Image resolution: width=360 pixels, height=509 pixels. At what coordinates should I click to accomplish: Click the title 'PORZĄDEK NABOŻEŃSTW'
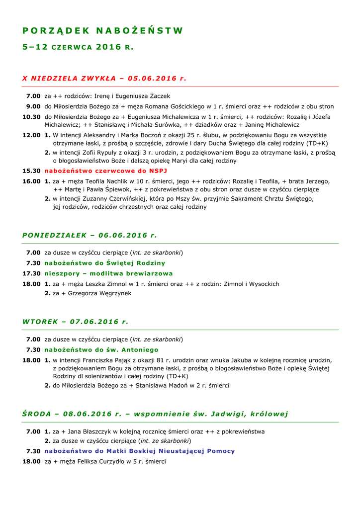tap(103, 31)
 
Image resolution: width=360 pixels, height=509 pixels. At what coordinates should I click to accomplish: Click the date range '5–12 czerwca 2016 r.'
tap(78, 47)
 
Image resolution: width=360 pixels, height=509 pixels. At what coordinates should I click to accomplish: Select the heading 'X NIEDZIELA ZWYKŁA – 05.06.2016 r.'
tap(104, 79)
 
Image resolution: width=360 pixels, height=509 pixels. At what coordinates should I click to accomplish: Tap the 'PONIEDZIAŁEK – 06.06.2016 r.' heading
tap(90, 235)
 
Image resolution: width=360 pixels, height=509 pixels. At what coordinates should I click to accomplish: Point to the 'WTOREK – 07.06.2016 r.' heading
tap(76, 322)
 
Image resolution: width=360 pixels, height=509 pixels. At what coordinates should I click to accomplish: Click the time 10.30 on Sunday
tap(31, 117)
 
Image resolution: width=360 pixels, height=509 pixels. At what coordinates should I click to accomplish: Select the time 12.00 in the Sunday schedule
tap(31, 135)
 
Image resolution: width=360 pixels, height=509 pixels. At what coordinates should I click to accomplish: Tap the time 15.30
tap(31, 170)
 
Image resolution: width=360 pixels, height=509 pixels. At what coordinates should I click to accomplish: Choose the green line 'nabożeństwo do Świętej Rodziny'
tap(105, 263)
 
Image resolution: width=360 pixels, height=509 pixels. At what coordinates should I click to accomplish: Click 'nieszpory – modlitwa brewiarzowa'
tap(109, 273)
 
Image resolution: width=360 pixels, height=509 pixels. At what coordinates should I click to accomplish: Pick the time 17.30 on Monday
tap(31, 273)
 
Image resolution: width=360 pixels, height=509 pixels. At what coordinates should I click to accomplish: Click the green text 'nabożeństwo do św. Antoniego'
tap(101, 350)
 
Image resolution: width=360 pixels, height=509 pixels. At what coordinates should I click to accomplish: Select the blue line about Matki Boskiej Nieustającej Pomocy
tap(140, 451)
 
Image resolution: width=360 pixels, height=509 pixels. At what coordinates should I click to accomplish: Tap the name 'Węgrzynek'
tap(115, 293)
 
